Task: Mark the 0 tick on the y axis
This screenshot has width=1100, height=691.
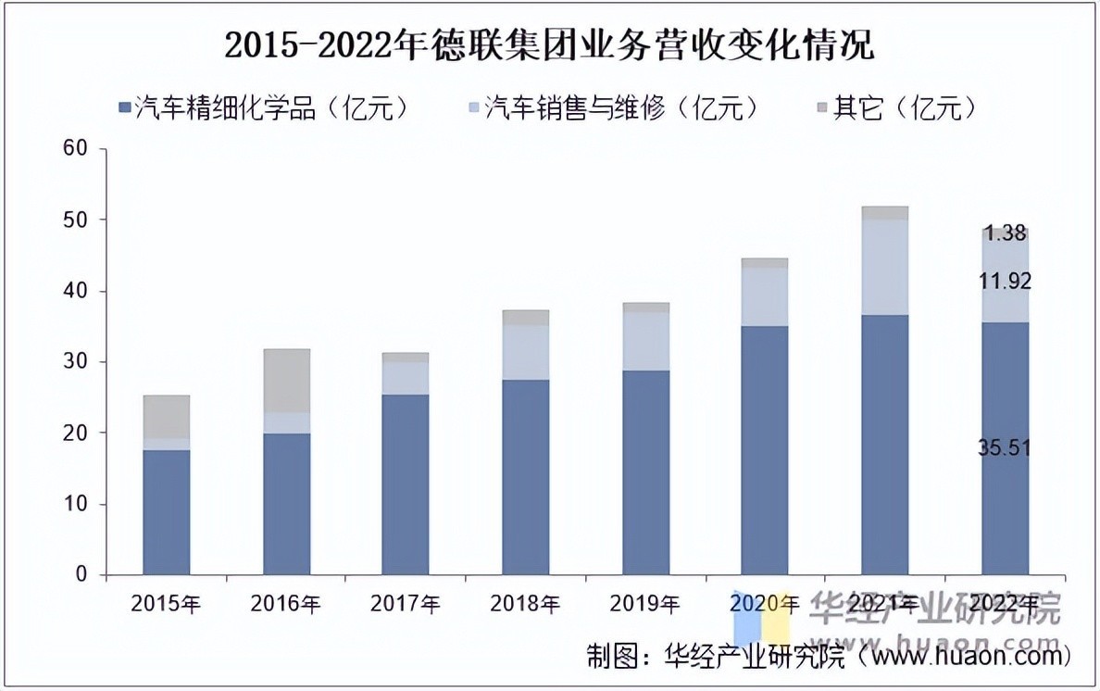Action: pyautogui.click(x=81, y=575)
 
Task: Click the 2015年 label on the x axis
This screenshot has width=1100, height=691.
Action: pyautogui.click(x=167, y=605)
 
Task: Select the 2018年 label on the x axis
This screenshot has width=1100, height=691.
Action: pyautogui.click(x=525, y=605)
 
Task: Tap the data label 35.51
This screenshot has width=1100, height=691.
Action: pyautogui.click(x=1005, y=448)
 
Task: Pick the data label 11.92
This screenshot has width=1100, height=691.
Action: pyautogui.click(x=1005, y=282)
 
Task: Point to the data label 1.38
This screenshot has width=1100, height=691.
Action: pyautogui.click(x=1005, y=233)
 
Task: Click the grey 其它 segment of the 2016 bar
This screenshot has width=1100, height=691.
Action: pyautogui.click(x=286, y=381)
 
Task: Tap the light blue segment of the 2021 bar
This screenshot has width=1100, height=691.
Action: pyautogui.click(x=884, y=267)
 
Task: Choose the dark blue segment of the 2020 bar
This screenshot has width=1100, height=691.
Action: pyautogui.click(x=765, y=450)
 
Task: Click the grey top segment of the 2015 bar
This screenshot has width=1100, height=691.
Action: pyautogui.click(x=167, y=417)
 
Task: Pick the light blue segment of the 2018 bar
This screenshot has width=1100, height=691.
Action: pyautogui.click(x=525, y=352)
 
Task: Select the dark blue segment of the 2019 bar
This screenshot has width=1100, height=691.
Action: pyautogui.click(x=645, y=472)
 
